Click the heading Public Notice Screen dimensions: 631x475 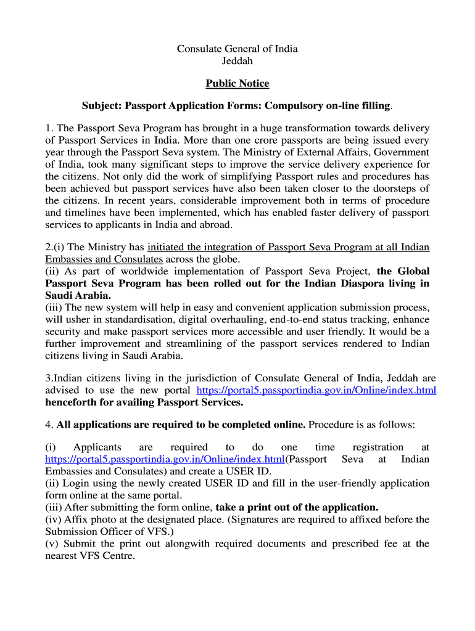pyautogui.click(x=238, y=83)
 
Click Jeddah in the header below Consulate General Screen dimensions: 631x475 pyautogui.click(x=238, y=61)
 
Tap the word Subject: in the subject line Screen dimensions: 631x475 pyautogui.click(x=102, y=106)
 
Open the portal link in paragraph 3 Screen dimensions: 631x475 pyautogui.click(x=316, y=391)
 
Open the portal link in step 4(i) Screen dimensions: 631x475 pyautogui.click(x=165, y=460)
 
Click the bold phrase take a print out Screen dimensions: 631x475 pyautogui.click(x=256, y=507)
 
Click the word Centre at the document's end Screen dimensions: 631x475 pyautogui.click(x=119, y=556)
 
